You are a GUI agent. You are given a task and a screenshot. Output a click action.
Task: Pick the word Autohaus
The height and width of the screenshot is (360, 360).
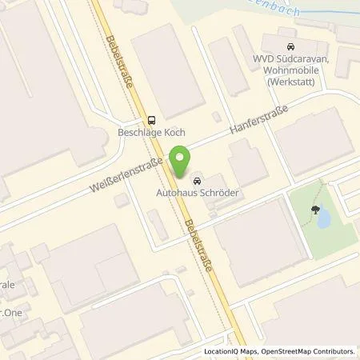tap(178, 193)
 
